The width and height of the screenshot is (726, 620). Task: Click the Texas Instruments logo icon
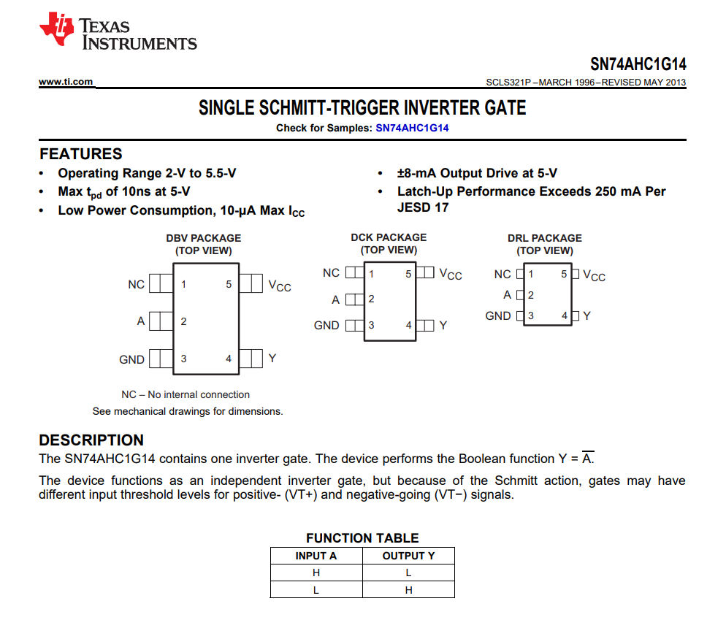pyautogui.click(x=57, y=30)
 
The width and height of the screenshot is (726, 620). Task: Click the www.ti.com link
pyautogui.click(x=66, y=82)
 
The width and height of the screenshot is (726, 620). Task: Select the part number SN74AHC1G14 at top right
pyautogui.click(x=638, y=64)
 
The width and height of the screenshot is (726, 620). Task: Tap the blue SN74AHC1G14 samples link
pyautogui.click(x=412, y=128)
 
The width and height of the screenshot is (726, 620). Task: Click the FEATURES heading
pyautogui.click(x=80, y=154)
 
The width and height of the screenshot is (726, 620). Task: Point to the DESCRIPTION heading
pyautogui.click(x=91, y=440)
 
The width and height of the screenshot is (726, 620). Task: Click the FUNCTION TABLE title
pyautogui.click(x=362, y=538)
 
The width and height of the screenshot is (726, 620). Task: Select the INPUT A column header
pyautogui.click(x=316, y=556)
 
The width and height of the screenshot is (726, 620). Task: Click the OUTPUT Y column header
pyautogui.click(x=408, y=556)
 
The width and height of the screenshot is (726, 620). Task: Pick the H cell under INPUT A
pyautogui.click(x=316, y=573)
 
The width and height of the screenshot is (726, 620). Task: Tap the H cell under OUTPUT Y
pyautogui.click(x=408, y=590)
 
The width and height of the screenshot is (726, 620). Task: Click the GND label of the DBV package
pyautogui.click(x=131, y=359)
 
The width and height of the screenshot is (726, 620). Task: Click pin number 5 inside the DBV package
pyautogui.click(x=229, y=284)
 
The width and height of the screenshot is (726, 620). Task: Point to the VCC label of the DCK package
pyautogui.click(x=450, y=274)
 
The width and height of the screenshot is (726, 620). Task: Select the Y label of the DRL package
pyautogui.click(x=586, y=315)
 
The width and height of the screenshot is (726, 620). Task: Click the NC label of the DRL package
pyautogui.click(x=503, y=275)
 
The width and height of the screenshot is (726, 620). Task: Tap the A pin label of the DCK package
pyautogui.click(x=335, y=299)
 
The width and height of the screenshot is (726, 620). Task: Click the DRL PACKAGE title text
pyautogui.click(x=545, y=238)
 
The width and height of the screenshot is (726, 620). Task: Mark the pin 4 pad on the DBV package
pyautogui.click(x=251, y=359)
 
